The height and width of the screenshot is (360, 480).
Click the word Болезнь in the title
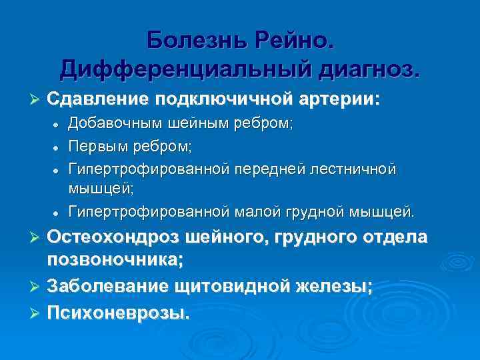[x=196, y=40]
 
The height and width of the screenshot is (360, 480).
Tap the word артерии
[x=339, y=99]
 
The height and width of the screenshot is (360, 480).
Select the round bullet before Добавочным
[x=57, y=125]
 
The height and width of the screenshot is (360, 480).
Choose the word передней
[x=267, y=168]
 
